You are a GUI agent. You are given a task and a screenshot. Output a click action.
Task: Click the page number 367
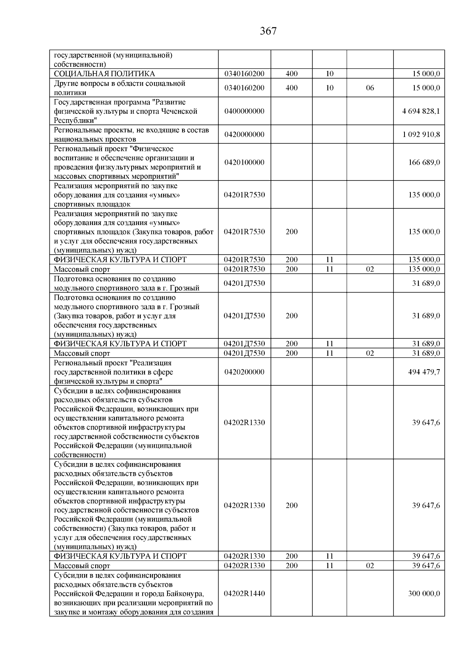[268, 31]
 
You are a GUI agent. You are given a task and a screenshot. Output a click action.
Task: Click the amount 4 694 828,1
[421, 111]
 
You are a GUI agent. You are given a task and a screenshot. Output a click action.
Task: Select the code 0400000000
[244, 111]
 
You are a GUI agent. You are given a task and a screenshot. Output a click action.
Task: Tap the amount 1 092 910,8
[421, 135]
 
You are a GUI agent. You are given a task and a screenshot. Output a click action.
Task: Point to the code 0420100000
[244, 162]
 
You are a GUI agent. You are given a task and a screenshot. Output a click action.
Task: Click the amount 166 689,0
[424, 162]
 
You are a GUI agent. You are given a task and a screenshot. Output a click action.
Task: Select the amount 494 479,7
[424, 372]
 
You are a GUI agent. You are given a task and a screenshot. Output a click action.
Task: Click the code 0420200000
[244, 372]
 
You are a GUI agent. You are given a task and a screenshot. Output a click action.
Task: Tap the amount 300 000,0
[424, 594]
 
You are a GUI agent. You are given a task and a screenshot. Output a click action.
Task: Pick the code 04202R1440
[244, 594]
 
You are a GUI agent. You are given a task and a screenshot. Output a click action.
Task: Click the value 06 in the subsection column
[370, 88]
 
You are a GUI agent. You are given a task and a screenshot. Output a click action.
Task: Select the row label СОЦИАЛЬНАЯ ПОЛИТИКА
[104, 74]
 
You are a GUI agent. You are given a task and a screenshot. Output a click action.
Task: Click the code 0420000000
[244, 135]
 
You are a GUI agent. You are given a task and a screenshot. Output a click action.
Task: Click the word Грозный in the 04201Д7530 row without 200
[186, 288]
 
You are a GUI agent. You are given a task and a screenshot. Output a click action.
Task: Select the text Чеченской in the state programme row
[180, 111]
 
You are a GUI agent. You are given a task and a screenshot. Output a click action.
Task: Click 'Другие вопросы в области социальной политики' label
[119, 88]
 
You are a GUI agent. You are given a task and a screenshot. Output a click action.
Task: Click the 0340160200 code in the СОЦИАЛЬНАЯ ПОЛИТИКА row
[244, 74]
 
